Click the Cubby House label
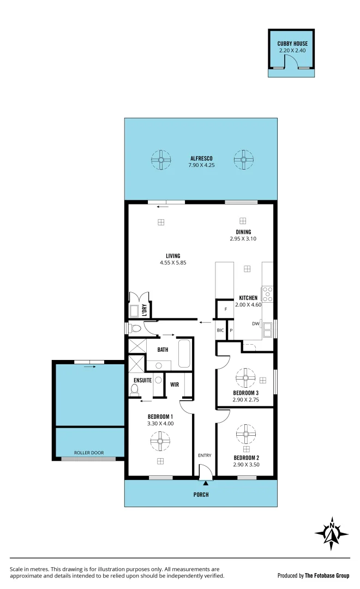pyautogui.click(x=292, y=44)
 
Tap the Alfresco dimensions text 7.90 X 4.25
pyautogui.click(x=197, y=164)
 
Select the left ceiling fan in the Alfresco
pyautogui.click(x=161, y=160)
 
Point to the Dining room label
pyautogui.click(x=243, y=232)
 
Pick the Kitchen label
pyautogui.click(x=248, y=298)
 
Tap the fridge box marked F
pyautogui.click(x=226, y=309)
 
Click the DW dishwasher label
pyautogui.click(x=255, y=324)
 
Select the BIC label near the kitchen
pyautogui.click(x=220, y=330)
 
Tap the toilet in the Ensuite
pyautogui.click(x=134, y=389)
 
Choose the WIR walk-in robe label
pyautogui.click(x=175, y=384)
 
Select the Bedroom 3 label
pyautogui.click(x=246, y=393)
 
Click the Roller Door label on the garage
pyautogui.click(x=89, y=453)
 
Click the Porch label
pyautogui.click(x=201, y=495)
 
